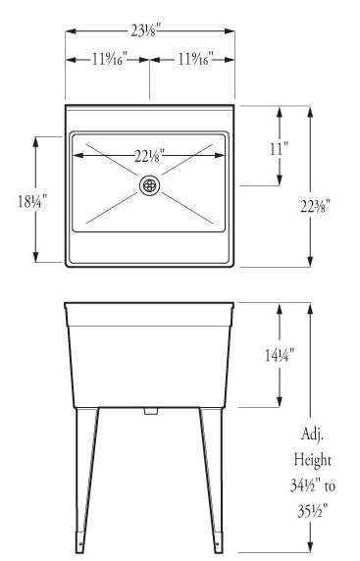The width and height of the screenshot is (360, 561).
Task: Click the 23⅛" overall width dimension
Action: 144,30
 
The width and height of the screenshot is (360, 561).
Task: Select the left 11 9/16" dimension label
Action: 110,59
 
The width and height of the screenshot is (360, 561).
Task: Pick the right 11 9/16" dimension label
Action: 196,58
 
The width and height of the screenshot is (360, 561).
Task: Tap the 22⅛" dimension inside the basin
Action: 149,156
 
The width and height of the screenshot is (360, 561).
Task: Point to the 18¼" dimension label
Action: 32,201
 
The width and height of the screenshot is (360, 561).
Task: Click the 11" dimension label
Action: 280,148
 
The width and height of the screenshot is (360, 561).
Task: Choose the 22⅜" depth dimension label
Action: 315,206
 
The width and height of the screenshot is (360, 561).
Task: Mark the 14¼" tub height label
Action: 280,355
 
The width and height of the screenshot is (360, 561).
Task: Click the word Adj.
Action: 312,434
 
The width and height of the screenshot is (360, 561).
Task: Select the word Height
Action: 312,460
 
